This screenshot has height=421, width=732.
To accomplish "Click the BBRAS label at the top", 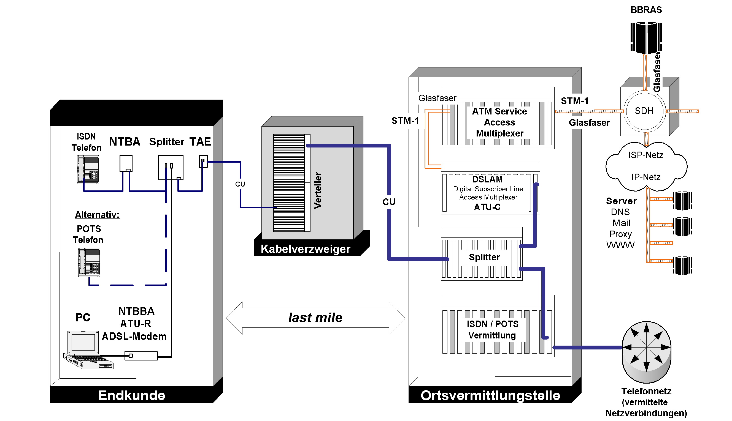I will (x=646, y=10).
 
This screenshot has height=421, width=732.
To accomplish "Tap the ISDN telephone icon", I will (x=88, y=170).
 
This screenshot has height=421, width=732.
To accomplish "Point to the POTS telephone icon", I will (x=89, y=262).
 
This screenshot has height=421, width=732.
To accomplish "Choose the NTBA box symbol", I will (x=126, y=163).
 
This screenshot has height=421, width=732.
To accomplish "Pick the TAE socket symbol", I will (x=203, y=161).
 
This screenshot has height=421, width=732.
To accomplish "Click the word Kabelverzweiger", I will (x=305, y=249).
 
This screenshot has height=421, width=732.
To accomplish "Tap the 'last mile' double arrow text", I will (x=315, y=318).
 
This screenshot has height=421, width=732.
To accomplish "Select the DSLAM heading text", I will (x=487, y=179).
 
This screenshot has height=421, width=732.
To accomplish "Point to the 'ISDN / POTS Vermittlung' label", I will (x=492, y=330).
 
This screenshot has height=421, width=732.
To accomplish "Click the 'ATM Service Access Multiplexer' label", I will (x=499, y=122).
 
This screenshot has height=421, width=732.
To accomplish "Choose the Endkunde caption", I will (x=132, y=395).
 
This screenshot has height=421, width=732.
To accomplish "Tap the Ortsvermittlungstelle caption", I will (x=490, y=395).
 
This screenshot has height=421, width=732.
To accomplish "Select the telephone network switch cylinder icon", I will (x=646, y=351).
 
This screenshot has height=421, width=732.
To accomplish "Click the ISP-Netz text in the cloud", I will (x=645, y=155).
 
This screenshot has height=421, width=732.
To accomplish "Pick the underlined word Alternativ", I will (x=97, y=215).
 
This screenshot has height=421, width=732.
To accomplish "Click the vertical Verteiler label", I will (x=318, y=190).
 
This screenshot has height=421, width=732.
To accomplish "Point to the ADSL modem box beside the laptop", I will (x=141, y=356).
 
